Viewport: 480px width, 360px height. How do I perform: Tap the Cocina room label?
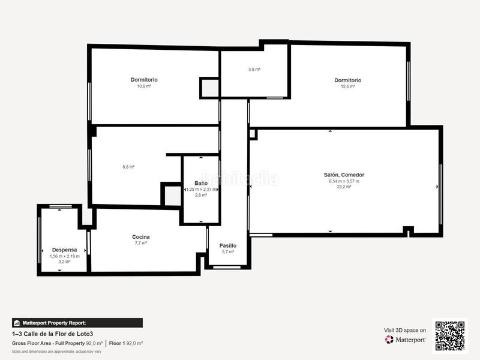click(140, 237)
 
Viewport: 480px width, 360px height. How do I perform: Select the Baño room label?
click(201, 183)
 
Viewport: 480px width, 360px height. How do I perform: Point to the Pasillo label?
click(227, 245)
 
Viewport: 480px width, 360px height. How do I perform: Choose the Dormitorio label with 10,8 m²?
click(144, 80)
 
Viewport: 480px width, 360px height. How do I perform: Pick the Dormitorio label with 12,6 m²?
click(347, 80)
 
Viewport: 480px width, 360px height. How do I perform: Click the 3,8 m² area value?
click(254, 70)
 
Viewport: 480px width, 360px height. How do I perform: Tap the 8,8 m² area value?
click(128, 167)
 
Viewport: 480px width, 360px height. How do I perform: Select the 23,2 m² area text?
click(344, 187)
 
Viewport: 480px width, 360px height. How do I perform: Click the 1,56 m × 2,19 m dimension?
click(64, 256)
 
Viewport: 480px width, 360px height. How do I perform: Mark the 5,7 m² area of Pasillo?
click(227, 252)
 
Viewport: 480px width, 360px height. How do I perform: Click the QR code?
click(450, 335)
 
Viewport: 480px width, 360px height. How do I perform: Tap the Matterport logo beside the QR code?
click(406, 340)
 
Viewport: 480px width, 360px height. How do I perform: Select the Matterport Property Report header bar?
click(77, 322)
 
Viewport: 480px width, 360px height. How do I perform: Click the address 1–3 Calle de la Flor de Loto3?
click(52, 334)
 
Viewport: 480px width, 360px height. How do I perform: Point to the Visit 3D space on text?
click(405, 330)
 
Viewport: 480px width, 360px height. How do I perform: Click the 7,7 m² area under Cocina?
click(140, 244)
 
